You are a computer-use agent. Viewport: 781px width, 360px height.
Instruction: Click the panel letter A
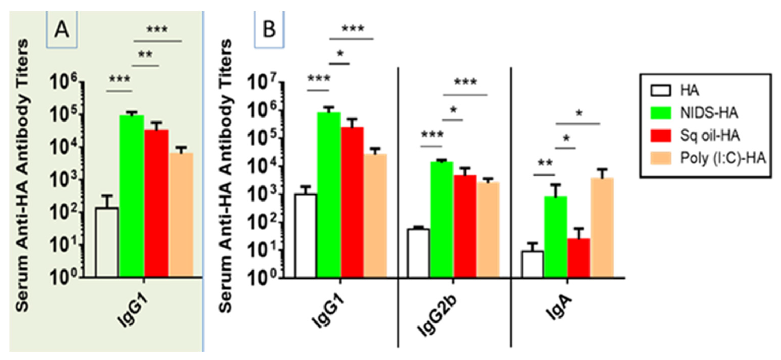[62, 30]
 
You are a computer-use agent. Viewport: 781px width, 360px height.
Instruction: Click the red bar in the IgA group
[579, 257]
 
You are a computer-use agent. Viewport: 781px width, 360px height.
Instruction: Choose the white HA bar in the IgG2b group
[418, 253]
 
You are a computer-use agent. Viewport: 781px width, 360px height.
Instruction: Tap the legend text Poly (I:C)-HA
[723, 158]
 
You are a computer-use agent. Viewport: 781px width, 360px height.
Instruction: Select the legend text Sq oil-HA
[710, 135]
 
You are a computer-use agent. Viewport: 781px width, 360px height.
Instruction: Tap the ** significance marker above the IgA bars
[545, 163]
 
